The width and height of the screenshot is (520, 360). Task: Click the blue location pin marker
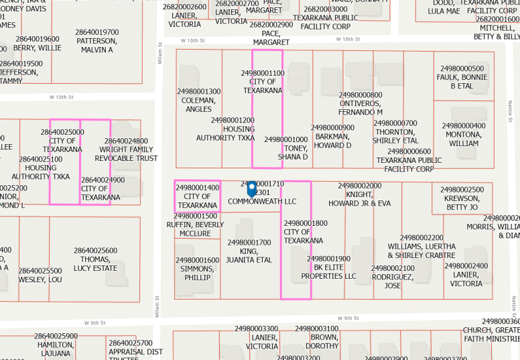click(x=252, y=190)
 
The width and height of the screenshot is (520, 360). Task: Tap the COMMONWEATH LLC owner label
click(x=262, y=201)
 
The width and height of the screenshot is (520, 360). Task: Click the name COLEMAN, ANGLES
click(x=198, y=105)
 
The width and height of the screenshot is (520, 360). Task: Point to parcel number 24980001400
click(x=198, y=188)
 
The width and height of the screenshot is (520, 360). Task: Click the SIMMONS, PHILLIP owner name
click(x=197, y=273)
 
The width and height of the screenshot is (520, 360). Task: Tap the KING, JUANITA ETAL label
click(x=249, y=255)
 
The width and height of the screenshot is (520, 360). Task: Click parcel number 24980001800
click(x=306, y=223)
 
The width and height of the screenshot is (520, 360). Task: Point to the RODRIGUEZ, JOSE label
click(x=393, y=282)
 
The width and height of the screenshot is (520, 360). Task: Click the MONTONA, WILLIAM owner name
click(x=464, y=139)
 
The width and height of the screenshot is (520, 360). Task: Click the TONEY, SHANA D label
click(x=293, y=153)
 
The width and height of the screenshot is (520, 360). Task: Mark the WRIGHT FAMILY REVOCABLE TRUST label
click(x=126, y=154)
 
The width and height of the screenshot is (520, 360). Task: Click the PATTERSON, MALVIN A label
click(x=97, y=45)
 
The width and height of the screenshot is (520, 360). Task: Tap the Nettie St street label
click(x=510, y=107)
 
